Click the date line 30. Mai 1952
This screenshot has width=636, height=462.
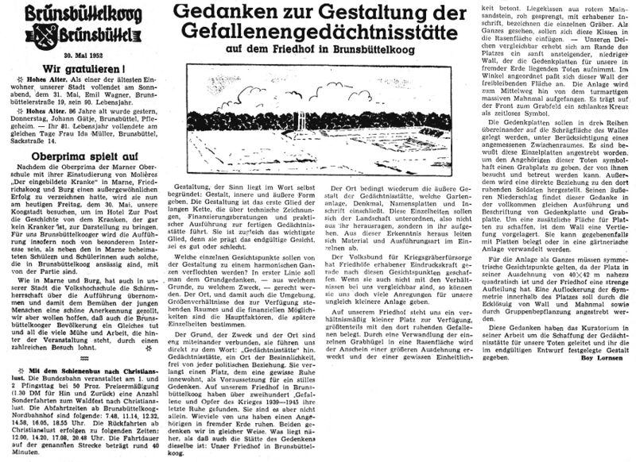79,51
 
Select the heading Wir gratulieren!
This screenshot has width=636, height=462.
79,67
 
